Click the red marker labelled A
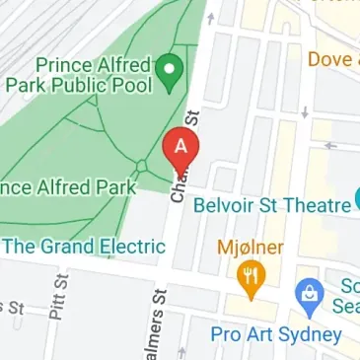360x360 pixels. (x=180, y=148)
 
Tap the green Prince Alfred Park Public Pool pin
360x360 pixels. (x=173, y=69)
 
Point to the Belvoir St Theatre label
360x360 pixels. (x=272, y=205)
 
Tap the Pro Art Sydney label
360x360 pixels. (x=275, y=334)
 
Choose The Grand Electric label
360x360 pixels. (x=84, y=246)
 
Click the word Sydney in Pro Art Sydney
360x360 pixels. (x=310, y=334)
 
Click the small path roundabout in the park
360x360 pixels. (x=144, y=165)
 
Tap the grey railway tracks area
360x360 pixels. (x=30, y=30)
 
